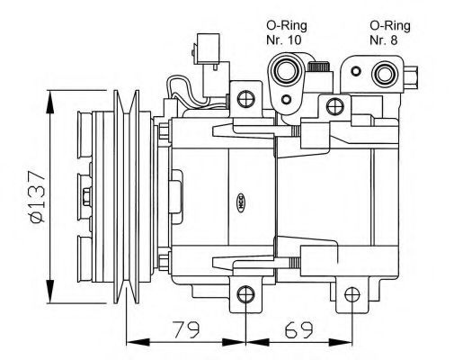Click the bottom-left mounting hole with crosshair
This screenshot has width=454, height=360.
pyautogui.click(x=245, y=293)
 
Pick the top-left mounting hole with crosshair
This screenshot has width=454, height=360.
pyautogui.click(x=243, y=95)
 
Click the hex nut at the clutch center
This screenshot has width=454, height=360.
pyautogui.click(x=85, y=198)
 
